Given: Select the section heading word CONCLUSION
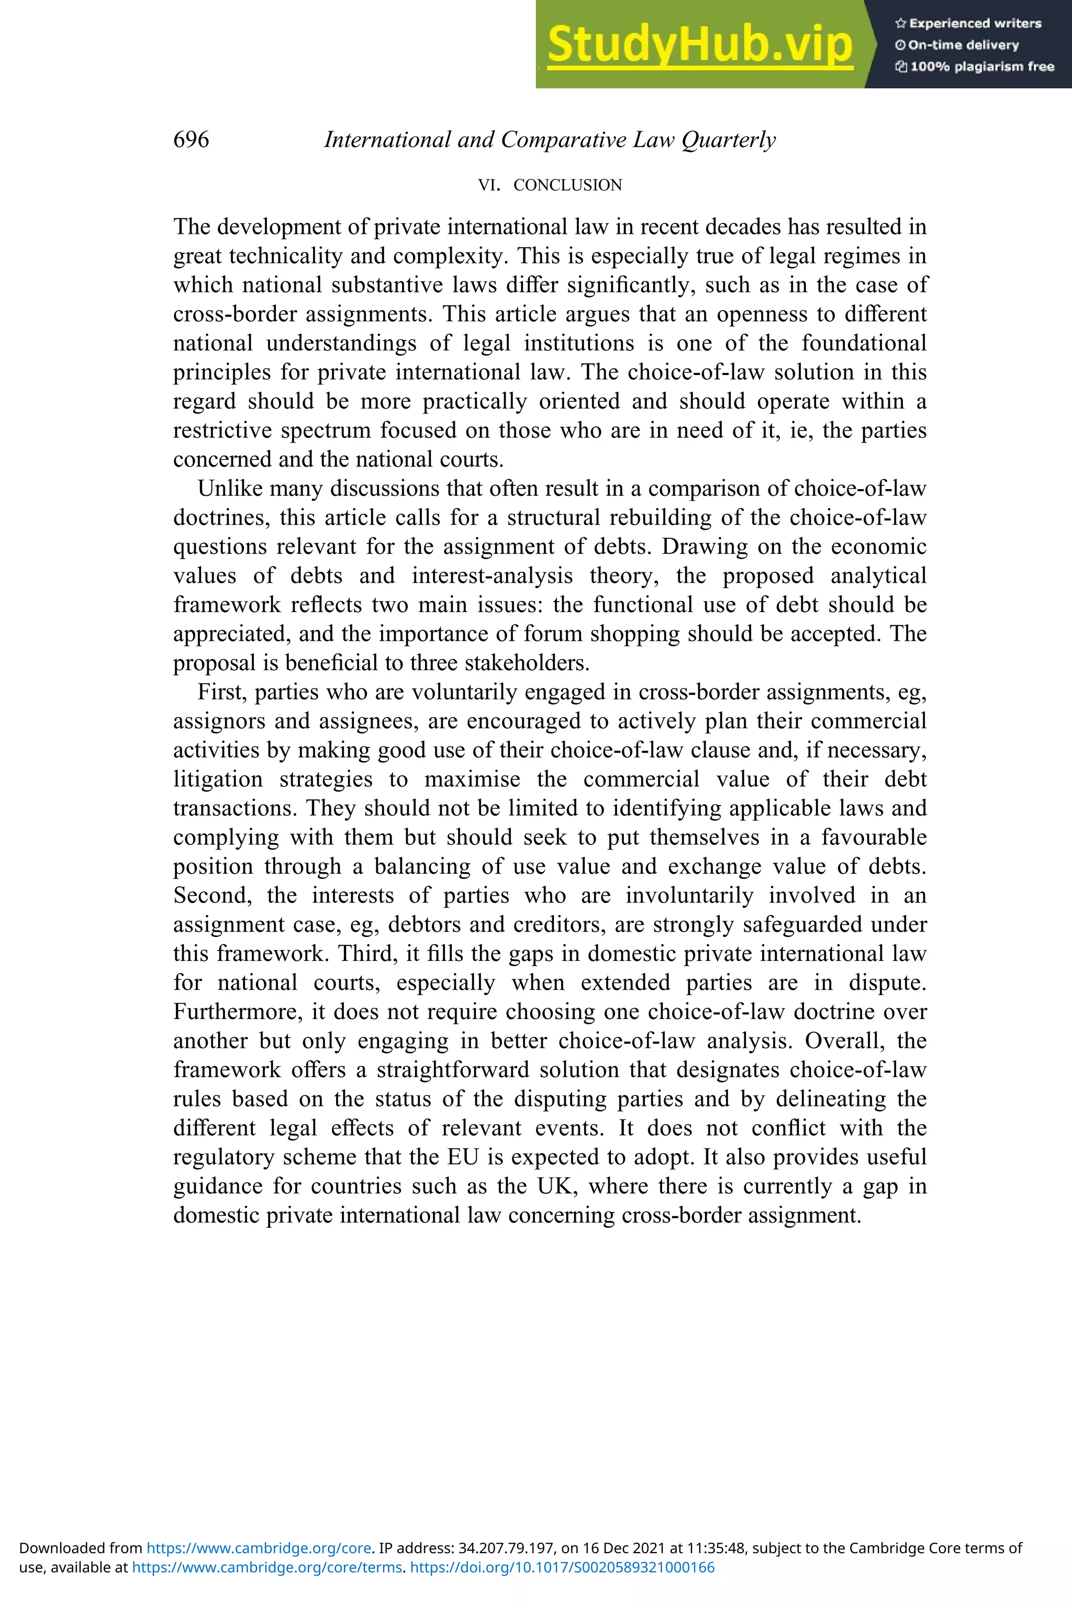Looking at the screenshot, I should (x=567, y=185).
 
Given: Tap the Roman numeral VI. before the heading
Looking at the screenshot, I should (x=489, y=185).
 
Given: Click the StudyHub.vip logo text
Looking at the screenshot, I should (x=699, y=44).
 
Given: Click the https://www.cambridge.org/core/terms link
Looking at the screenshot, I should (x=266, y=1567).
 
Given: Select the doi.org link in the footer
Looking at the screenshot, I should (x=562, y=1567).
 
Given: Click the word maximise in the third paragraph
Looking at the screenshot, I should (x=472, y=779).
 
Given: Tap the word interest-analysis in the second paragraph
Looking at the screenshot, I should (x=492, y=576).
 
